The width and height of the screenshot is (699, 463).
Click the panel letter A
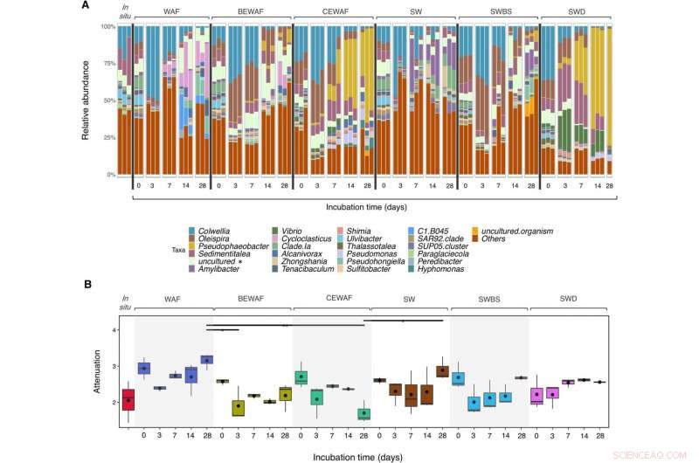coord(85,5)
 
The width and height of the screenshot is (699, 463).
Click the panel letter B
coord(85,284)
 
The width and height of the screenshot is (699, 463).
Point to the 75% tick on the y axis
coord(111,64)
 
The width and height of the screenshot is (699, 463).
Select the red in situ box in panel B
coord(128,398)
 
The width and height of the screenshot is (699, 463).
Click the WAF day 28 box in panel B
coord(206,359)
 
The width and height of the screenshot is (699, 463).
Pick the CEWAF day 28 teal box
coord(364,413)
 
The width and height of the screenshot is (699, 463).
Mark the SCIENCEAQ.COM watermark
coord(661,453)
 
